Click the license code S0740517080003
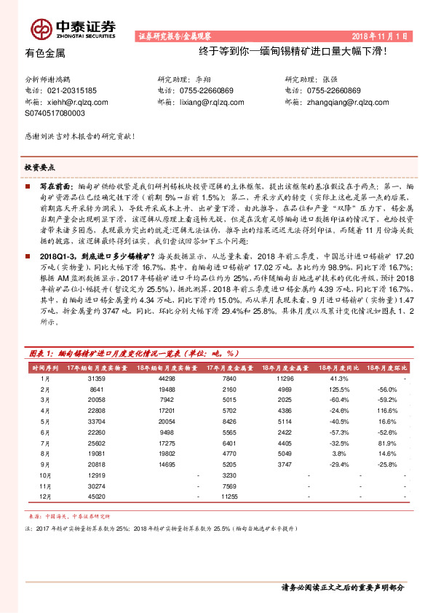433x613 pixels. click(x=55, y=114)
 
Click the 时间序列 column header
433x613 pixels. click(x=44, y=369)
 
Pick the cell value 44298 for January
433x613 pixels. click(x=167, y=379)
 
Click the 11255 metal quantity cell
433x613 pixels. click(x=229, y=496)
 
